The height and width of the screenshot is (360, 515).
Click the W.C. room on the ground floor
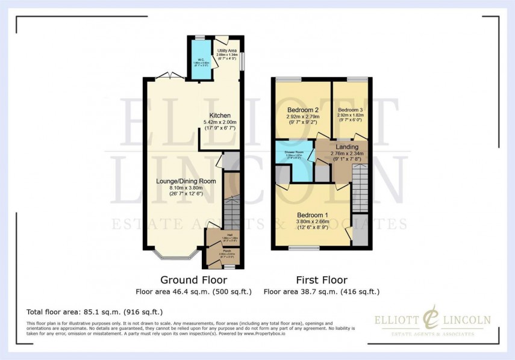coord(197,60)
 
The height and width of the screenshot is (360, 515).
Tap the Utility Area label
coord(226,54)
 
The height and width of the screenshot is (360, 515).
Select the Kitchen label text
coord(220,116)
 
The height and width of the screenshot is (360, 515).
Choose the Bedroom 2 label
coord(304,110)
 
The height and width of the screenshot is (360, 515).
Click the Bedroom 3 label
coord(350,111)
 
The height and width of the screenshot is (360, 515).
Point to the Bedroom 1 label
coord(312,215)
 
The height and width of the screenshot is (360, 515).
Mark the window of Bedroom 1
coord(304,248)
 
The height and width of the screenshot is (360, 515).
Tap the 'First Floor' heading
coord(321,280)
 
